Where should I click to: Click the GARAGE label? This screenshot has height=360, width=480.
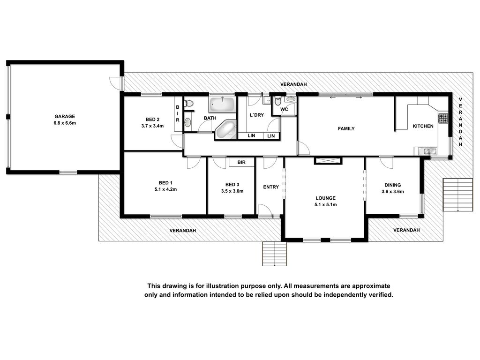[65, 116]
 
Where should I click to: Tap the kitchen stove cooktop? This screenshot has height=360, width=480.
[443, 118]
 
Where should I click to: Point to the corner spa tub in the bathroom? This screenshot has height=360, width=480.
[226, 129]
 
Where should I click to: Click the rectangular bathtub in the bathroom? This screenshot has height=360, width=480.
[222, 105]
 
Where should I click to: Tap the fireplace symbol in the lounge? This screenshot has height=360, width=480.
[328, 161]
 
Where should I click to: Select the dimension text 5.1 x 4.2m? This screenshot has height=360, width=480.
[165, 189]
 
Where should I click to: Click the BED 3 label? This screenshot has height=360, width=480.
[232, 185]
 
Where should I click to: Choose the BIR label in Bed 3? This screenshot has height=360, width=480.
[241, 162]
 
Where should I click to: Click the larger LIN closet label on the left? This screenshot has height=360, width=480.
[251, 135]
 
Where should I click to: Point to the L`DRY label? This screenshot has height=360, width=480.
[257, 115]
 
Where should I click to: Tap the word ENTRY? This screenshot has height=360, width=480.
[271, 187]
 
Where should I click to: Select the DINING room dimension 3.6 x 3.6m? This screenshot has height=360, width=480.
[393, 192]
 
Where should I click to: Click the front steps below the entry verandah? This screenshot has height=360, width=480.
[275, 254]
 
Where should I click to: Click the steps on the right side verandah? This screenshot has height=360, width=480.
[458, 195]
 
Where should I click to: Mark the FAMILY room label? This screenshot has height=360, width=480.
[346, 128]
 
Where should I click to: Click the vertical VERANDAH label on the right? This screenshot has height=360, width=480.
[460, 122]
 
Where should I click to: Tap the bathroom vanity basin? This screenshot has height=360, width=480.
[187, 122]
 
